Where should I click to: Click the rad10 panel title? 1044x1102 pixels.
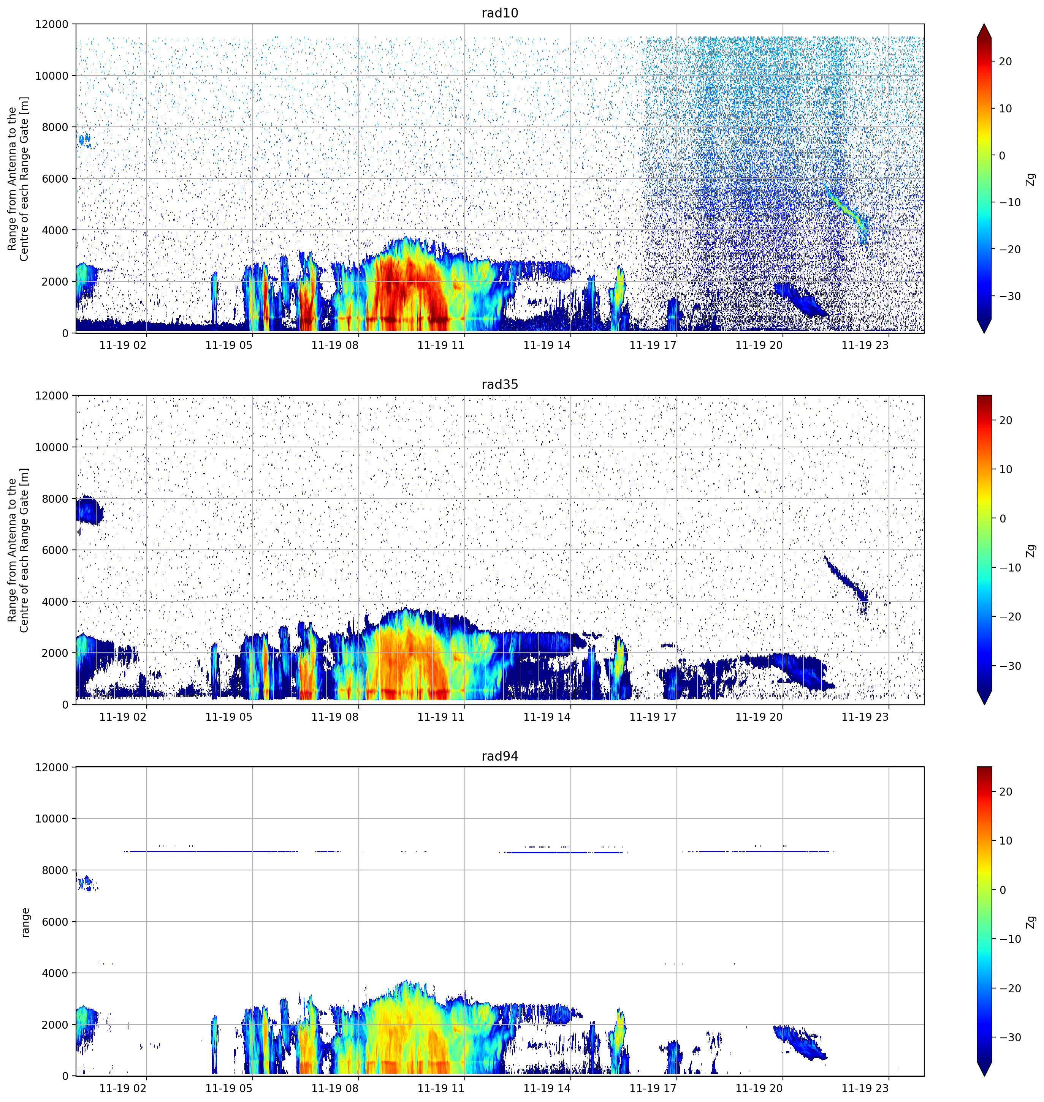(x=500, y=13)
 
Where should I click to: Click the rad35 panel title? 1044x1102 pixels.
(x=500, y=384)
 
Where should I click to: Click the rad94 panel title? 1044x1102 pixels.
(x=500, y=756)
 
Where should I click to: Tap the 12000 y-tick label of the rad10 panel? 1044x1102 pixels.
(x=52, y=24)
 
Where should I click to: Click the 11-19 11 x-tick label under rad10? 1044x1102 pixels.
(x=441, y=345)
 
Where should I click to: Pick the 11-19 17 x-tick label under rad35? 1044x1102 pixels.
(x=653, y=717)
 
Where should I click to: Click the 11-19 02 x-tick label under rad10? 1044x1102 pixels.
(x=123, y=345)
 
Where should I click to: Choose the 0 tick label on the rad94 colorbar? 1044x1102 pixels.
(x=1002, y=890)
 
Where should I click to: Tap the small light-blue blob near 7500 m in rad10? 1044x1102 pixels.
(x=85, y=140)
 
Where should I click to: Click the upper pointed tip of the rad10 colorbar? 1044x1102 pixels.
(x=984, y=24)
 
